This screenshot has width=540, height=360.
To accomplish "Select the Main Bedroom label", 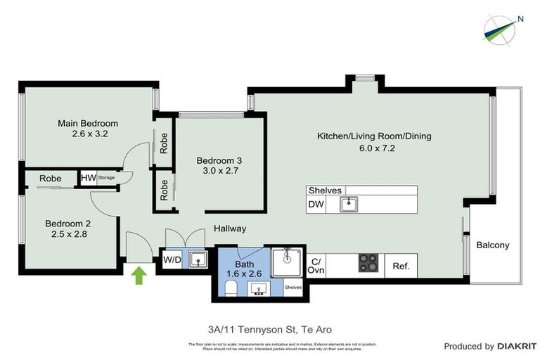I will [88, 128].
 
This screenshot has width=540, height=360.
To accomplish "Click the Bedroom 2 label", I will [68, 229].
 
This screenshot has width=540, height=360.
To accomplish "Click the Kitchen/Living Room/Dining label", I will [374, 141].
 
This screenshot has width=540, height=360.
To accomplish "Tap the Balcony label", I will [492, 245].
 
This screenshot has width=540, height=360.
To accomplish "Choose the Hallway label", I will [230, 229].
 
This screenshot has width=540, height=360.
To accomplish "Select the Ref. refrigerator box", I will [401, 266].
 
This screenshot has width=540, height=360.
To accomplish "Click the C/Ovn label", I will [316, 266].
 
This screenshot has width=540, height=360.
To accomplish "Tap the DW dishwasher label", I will [316, 205].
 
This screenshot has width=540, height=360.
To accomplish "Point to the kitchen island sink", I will [347, 205].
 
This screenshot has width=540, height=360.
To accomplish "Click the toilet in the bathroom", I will [230, 288].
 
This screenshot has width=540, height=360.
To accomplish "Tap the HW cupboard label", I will [88, 179].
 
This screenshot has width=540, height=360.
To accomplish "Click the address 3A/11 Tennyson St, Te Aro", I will [270, 329].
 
